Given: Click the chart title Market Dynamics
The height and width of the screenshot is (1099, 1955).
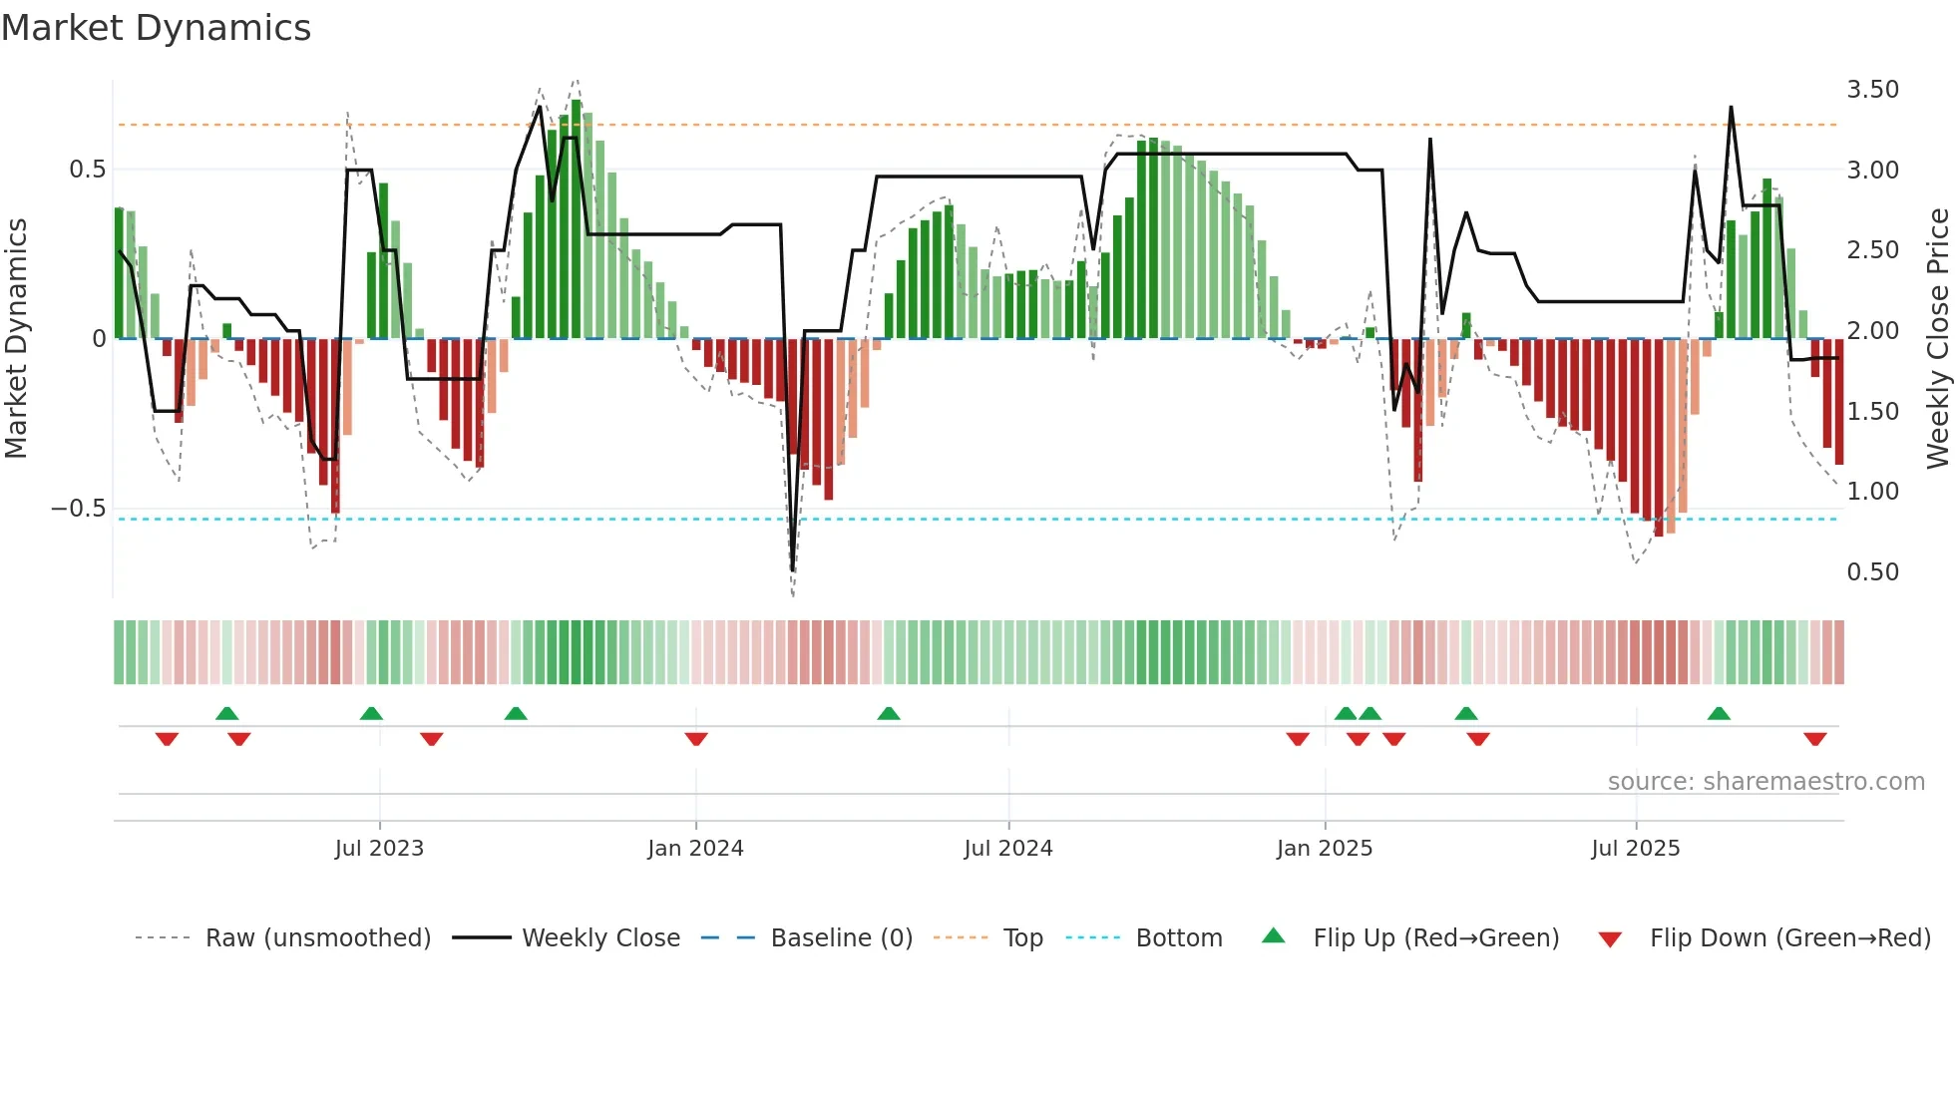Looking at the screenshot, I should click(x=156, y=27).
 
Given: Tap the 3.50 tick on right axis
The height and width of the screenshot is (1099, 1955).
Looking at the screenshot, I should click(x=1872, y=90).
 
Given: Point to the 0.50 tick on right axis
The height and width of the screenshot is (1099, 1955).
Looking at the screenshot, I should click(x=1872, y=572).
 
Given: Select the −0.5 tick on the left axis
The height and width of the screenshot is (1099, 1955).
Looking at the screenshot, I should click(x=78, y=509).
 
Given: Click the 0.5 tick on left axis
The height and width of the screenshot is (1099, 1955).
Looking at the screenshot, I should click(x=87, y=170).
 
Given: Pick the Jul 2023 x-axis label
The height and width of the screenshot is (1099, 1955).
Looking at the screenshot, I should click(x=379, y=849).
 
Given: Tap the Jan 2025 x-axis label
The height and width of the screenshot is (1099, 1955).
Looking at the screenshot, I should click(x=1324, y=849).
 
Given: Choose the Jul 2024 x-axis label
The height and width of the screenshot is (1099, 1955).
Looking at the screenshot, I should click(x=1007, y=849).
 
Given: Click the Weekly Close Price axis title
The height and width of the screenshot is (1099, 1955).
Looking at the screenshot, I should click(x=1937, y=338).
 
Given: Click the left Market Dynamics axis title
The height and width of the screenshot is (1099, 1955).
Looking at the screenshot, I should click(x=16, y=338).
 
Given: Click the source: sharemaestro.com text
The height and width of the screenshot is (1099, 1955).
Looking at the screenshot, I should click(x=1765, y=782).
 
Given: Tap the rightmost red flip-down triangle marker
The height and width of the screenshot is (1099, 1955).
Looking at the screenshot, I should click(x=1814, y=739).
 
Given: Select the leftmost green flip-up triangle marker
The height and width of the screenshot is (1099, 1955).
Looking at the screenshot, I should click(x=226, y=713).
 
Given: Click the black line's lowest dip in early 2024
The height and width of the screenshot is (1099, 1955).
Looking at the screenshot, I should click(x=793, y=569).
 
